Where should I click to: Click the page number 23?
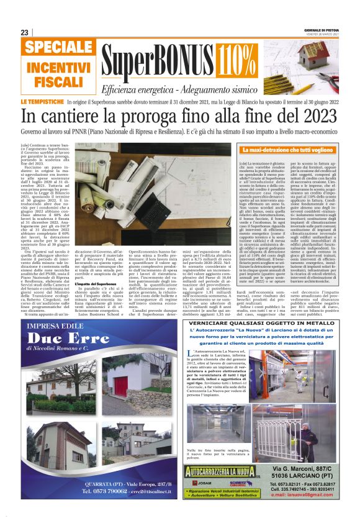(25, 32)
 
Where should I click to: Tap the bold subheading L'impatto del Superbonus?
(92, 284)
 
